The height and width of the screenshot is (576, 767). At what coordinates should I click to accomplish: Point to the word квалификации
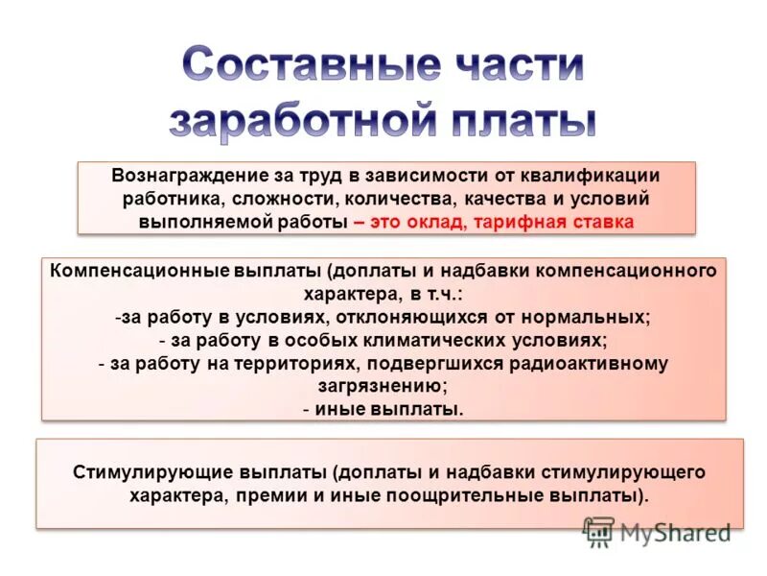[x=603, y=177]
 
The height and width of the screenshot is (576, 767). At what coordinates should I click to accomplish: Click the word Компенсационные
[x=136, y=271]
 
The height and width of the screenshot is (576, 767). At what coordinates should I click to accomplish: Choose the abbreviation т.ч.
[x=442, y=294]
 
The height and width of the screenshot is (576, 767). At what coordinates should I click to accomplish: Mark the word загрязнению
[x=383, y=386]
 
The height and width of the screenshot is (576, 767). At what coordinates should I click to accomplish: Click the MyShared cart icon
[x=598, y=531]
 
